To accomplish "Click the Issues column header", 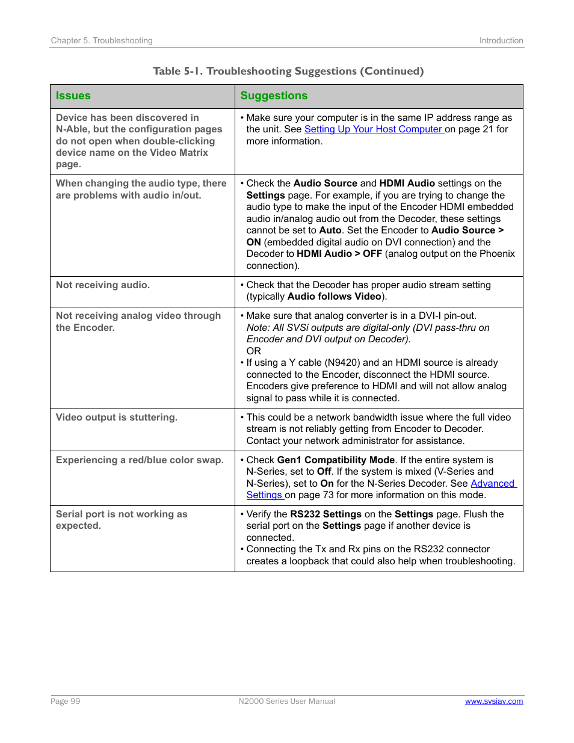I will (x=73, y=96).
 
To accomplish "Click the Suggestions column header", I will (x=274, y=96).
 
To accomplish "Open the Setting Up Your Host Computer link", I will (x=373, y=129).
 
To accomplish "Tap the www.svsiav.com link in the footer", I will (x=493, y=701).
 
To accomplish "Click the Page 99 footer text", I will (x=66, y=701).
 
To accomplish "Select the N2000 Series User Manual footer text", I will (x=287, y=701).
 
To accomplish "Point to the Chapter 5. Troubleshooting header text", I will (x=102, y=40).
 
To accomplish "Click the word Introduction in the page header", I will (x=501, y=40).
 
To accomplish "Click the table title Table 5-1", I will (x=288, y=71).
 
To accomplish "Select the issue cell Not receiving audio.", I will (x=103, y=285).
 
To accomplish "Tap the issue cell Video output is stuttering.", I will (x=117, y=418).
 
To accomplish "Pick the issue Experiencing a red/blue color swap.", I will (x=140, y=460).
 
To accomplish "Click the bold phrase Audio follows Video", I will (x=335, y=297).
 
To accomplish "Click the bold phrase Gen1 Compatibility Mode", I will (x=336, y=460).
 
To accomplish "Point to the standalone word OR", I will (x=254, y=351).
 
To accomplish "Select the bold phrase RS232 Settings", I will (x=326, y=514).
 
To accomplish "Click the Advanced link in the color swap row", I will (x=492, y=484).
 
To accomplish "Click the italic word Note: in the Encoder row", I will (x=258, y=328).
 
